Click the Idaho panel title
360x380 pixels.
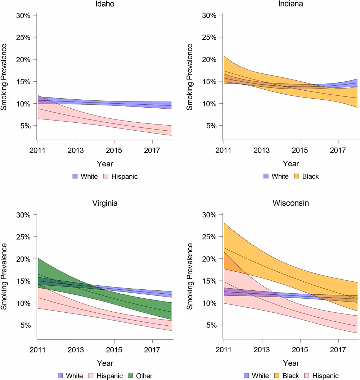pyautogui.click(x=105, y=4)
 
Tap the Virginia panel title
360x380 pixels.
pyautogui.click(x=105, y=203)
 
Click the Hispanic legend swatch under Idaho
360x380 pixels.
pyautogui.click(x=106, y=176)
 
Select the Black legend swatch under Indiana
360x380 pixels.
pyautogui.click(x=297, y=176)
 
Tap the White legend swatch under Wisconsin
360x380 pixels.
pyautogui.click(x=247, y=376)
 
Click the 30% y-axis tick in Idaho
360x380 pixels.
pyautogui.click(x=24, y=15)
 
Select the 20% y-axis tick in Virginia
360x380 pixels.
pyautogui.click(x=24, y=259)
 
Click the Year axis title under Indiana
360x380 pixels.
pyautogui.click(x=291, y=164)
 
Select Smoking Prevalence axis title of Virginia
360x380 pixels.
pyautogui.click(x=4, y=276)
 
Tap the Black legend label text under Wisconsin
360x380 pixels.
pyautogui.click(x=291, y=376)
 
